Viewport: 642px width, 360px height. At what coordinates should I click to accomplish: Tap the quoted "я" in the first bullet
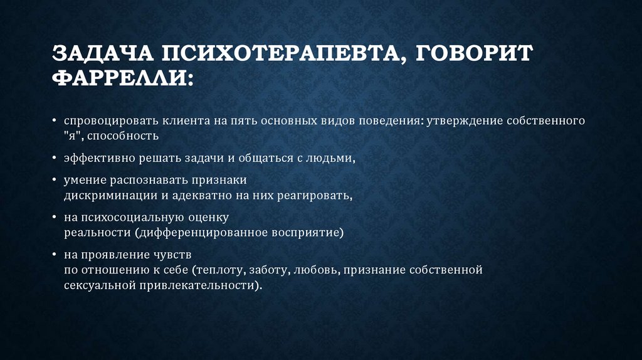tap(71, 135)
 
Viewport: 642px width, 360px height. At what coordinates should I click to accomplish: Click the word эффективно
tap(94, 159)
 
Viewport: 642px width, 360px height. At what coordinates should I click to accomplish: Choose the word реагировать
tap(316, 196)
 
